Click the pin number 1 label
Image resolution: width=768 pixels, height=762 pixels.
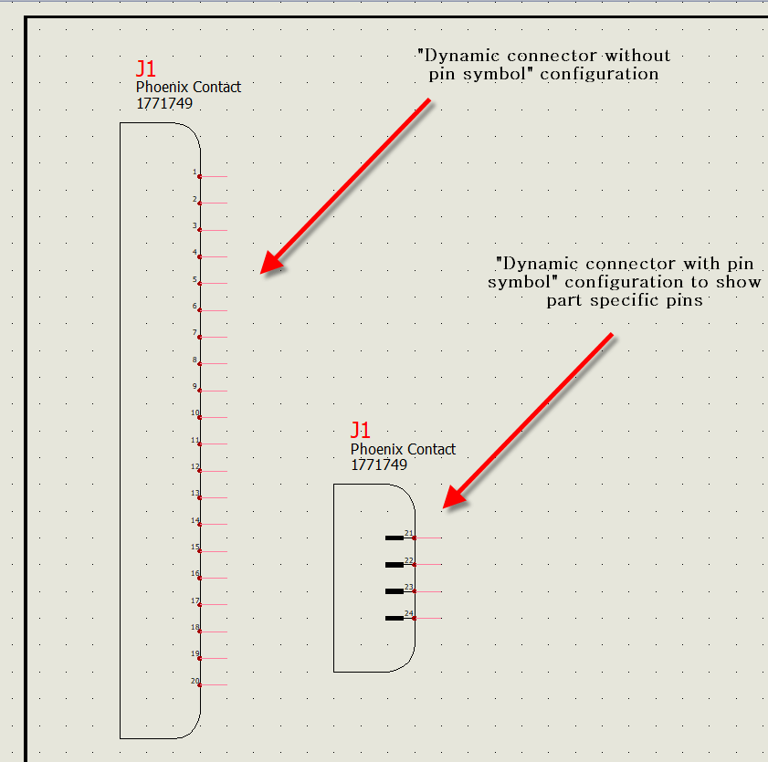click(195, 172)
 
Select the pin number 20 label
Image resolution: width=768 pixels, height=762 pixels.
click(195, 681)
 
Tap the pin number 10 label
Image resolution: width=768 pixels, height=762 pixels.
click(195, 413)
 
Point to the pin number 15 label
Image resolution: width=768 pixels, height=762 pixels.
click(195, 548)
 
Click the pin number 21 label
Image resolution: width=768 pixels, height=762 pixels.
click(409, 533)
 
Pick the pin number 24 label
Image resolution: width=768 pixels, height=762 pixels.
click(409, 614)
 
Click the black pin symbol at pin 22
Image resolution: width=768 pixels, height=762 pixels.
click(395, 565)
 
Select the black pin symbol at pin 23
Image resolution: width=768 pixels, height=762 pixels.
click(395, 591)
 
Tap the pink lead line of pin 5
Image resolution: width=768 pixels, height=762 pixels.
click(214, 284)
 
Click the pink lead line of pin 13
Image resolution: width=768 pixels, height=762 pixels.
click(214, 497)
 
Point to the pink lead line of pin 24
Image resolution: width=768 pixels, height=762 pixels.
click(428, 618)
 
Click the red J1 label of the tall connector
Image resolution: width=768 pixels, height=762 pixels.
click(146, 69)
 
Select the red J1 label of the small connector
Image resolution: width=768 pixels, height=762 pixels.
click(361, 430)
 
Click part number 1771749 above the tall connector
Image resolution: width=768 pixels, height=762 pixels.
click(164, 103)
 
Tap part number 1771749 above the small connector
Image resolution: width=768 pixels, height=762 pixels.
click(379, 465)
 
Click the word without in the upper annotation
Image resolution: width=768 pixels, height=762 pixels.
click(637, 56)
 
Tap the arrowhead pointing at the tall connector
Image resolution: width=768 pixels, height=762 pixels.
click(271, 262)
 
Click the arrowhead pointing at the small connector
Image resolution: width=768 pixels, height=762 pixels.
click(454, 496)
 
